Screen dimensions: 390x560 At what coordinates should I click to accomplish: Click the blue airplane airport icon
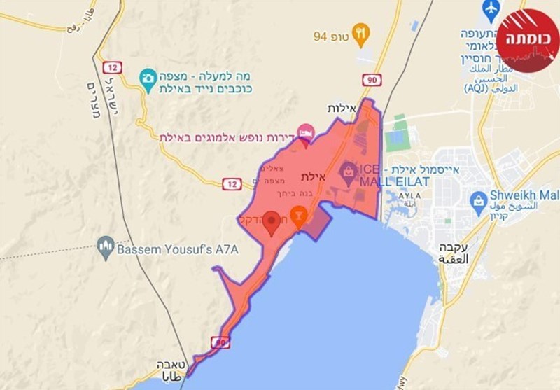click(x=490, y=11)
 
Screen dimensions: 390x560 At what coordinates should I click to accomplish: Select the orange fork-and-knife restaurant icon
click(x=360, y=32)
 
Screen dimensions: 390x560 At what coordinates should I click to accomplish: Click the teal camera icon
click(x=148, y=78)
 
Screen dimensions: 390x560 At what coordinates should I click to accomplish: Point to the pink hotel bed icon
click(x=305, y=132)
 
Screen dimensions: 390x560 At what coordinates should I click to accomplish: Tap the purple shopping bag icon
click(x=348, y=169)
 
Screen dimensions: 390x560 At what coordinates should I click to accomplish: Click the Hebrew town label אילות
click(x=343, y=109)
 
